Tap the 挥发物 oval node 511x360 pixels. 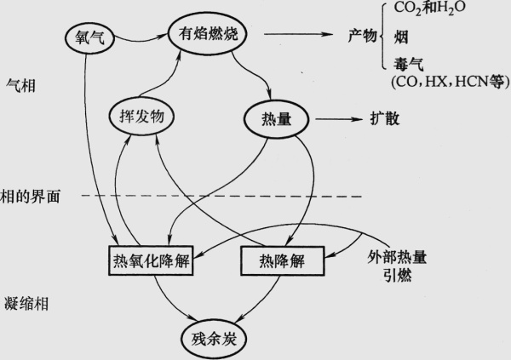pos(136,117)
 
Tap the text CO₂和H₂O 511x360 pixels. pos(430,9)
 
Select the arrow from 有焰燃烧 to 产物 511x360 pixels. pos(297,35)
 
